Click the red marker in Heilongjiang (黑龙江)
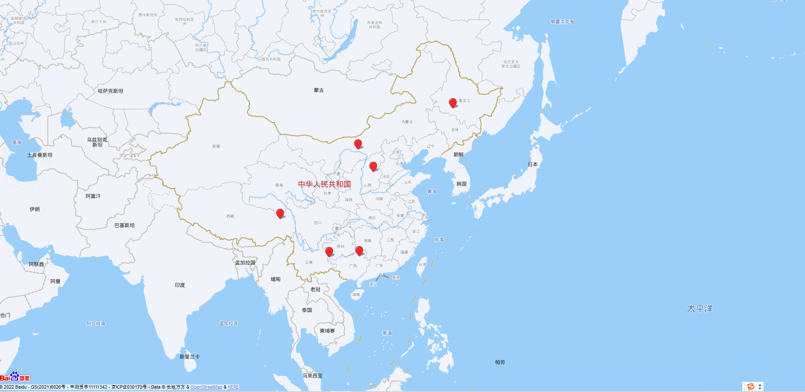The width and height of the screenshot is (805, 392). pos(453,103)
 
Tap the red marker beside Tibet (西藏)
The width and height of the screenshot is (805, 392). pos(280,213)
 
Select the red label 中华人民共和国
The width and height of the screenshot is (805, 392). pos(324,184)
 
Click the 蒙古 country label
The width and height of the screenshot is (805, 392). pos(319,90)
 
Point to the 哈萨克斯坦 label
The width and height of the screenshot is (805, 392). pos(111,91)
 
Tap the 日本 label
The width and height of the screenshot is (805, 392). pos(533,164)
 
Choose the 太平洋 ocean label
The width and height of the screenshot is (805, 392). pos(700,309)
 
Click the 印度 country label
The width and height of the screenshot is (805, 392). pos(180,285)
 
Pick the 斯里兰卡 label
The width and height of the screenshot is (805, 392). pos(189,357)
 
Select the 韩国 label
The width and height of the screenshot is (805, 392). pos(462,184)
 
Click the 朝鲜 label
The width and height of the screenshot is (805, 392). pos(459,155)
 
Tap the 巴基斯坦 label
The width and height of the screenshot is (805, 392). pos(124,225)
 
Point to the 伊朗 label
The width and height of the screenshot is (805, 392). pos(35,209)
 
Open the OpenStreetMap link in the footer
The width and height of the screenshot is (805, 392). pos(206,387)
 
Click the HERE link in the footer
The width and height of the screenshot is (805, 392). pos(233,387)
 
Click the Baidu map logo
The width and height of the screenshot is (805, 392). pos(15,377)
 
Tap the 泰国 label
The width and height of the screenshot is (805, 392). pos(307,310)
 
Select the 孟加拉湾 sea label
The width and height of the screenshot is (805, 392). pos(228,323)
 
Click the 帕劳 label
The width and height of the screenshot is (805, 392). pos(500,362)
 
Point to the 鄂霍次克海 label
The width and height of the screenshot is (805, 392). pos(562,22)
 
